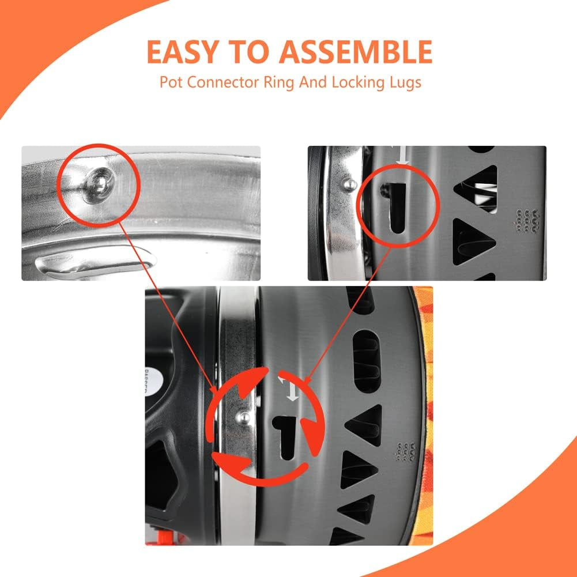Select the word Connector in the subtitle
tap(223, 82)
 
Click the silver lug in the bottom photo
tap(243, 418)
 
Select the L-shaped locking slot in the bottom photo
tap(286, 436)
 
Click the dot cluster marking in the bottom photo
tap(406, 451)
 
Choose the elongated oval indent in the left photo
tap(95, 263)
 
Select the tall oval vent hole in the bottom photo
tap(366, 361)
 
